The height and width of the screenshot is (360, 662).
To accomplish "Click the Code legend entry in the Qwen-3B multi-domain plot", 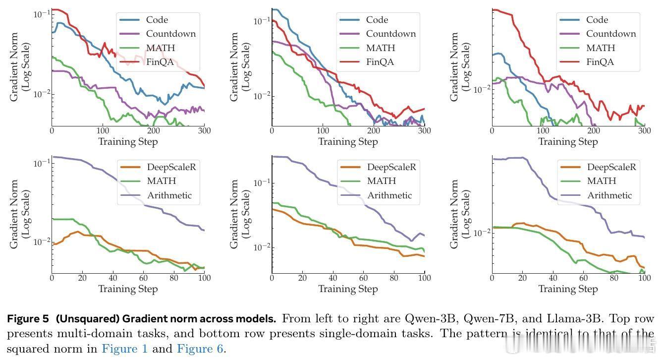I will pyautogui.click(x=157, y=20).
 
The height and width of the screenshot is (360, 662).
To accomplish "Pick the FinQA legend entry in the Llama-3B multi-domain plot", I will pyautogui.click(x=600, y=62).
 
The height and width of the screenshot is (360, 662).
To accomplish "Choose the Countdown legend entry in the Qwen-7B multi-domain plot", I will pyautogui.click(x=390, y=34).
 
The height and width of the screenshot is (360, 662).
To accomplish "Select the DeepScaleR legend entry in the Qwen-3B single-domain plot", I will pyautogui.click(x=171, y=167).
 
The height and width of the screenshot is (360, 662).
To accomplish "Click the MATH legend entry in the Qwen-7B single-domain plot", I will pyautogui.click(x=381, y=181).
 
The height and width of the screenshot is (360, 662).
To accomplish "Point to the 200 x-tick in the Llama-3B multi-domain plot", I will pyautogui.click(x=594, y=131).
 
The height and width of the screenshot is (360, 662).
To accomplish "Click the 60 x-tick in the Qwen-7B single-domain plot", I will pyautogui.click(x=364, y=278).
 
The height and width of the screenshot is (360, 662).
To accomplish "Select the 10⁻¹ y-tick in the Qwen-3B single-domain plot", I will pyautogui.click(x=42, y=162).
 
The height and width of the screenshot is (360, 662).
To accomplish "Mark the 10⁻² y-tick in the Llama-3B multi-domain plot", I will pyautogui.click(x=482, y=89).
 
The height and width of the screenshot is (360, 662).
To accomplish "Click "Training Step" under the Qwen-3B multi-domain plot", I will pyautogui.click(x=128, y=142).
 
